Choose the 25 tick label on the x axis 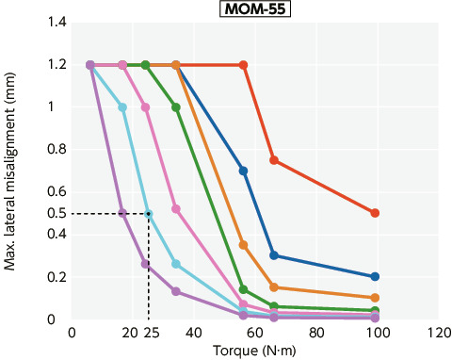point(150,332)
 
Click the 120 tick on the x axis point(436,332)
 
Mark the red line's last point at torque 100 point(375,213)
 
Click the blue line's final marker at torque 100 point(375,277)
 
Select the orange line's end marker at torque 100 point(375,298)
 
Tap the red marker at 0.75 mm point(273,160)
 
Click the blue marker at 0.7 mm point(243,171)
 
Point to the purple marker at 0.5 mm point(122,213)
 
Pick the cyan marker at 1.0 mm point(122,107)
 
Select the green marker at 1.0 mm point(176,107)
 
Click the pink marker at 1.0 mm point(145,107)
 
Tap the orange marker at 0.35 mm point(243,245)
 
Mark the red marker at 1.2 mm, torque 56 point(243,65)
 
